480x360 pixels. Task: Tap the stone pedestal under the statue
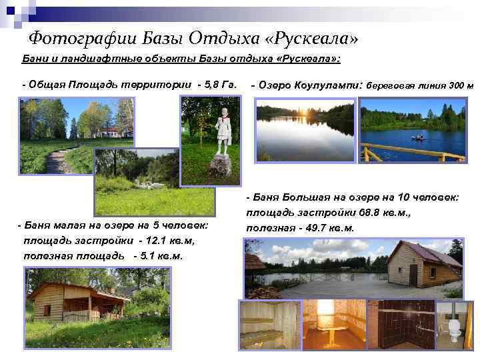221,164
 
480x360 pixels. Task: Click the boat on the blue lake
419,139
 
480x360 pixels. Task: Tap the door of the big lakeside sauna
414,275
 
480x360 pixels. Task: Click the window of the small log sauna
47,309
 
